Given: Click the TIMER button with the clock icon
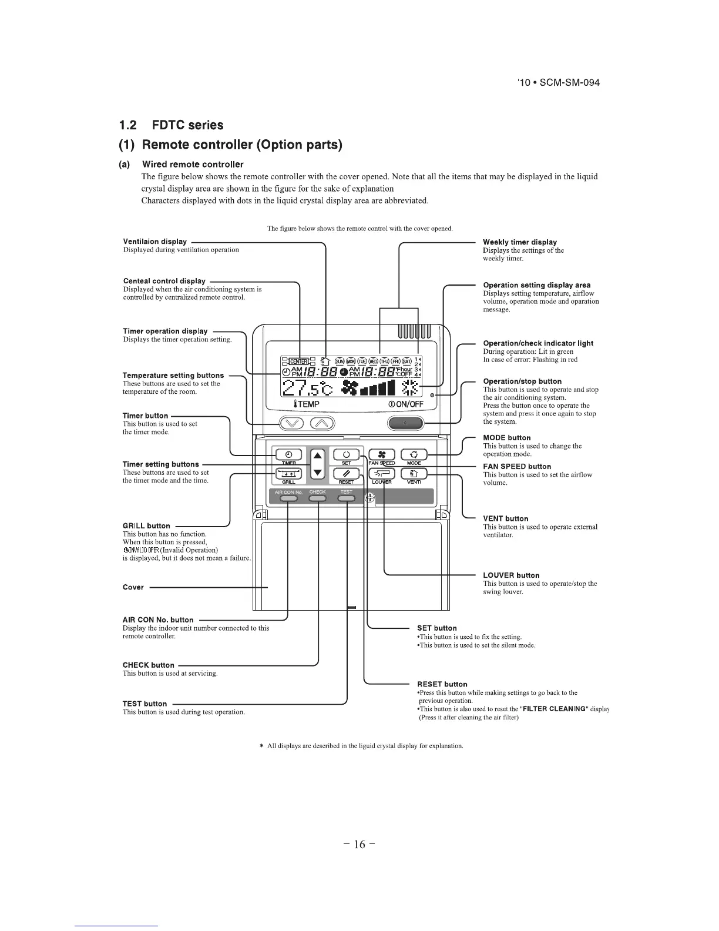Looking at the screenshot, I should (288, 454).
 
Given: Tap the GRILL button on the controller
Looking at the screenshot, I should (288, 474).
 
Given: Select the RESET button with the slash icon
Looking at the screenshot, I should (346, 474).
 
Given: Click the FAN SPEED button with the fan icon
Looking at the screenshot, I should (381, 454).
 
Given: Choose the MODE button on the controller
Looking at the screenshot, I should (414, 454).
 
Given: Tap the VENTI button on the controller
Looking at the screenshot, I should (414, 474).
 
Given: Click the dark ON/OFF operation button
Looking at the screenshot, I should (405, 423).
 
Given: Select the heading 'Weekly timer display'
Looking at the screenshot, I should (519, 242).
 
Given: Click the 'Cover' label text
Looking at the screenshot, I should (133, 587).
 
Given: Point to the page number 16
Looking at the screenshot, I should (359, 845).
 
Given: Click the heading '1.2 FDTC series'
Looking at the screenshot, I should (170, 125).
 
